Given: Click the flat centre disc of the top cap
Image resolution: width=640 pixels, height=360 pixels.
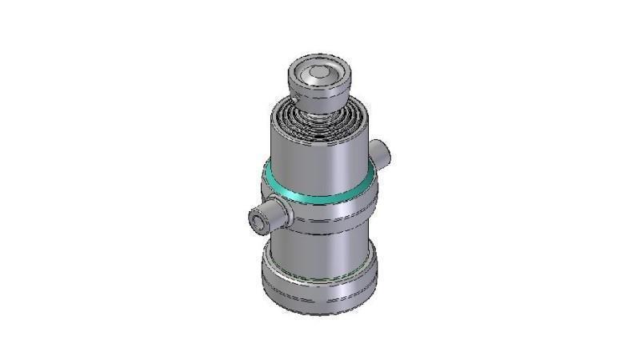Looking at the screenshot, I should [x=318, y=73].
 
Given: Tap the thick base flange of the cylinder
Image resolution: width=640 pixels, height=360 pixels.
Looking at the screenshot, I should [x=320, y=288].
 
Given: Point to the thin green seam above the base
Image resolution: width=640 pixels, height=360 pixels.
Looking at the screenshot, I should [x=320, y=274].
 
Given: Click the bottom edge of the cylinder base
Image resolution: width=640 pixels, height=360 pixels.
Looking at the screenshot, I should [x=320, y=314].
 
